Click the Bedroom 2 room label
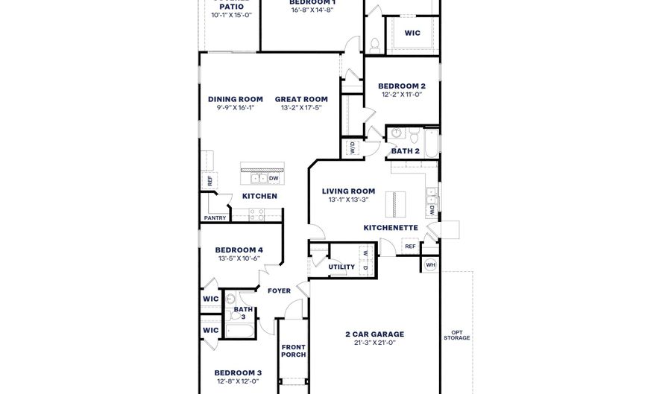[401, 86]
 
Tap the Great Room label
[301, 99]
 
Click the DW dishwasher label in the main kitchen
[274, 179]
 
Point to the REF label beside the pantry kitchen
[210, 179]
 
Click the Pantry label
[215, 218]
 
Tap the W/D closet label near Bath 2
[352, 147]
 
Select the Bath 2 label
[406, 151]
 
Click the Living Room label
[348, 191]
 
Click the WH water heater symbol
[430, 265]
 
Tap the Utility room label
[341, 267]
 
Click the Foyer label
[279, 291]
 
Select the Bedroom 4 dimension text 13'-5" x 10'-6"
[239, 258]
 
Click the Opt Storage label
[456, 335]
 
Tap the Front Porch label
[294, 351]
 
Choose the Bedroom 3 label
[238, 372]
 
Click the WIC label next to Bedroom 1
[412, 33]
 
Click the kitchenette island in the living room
[390, 203]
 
